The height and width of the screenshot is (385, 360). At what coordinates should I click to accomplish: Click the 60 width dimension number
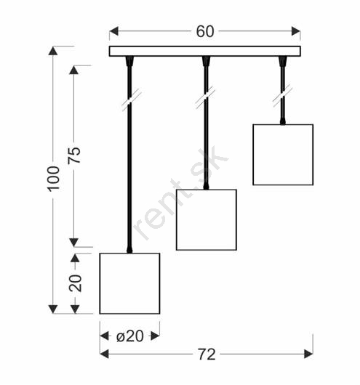click(205, 31)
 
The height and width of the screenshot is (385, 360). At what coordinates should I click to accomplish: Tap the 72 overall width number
click(207, 354)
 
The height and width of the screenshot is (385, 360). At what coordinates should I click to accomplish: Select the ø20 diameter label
click(130, 336)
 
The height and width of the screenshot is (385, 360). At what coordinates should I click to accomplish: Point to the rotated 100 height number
click(53, 179)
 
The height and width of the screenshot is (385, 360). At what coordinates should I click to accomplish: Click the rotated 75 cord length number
click(74, 155)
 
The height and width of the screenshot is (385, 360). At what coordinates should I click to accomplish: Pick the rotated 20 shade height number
click(75, 283)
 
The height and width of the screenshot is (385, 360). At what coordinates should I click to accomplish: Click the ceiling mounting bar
click(205, 51)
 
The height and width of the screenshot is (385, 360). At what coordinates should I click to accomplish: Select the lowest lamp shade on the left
click(129, 283)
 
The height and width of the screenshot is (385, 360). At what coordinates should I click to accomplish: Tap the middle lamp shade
click(207, 220)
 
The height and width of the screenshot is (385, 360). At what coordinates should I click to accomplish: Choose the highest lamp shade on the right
click(283, 155)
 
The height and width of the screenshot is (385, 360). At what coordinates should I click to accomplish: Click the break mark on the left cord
click(132, 100)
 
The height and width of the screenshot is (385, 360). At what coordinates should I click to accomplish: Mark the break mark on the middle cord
click(206, 97)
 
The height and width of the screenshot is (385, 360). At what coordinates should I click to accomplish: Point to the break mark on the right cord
click(283, 96)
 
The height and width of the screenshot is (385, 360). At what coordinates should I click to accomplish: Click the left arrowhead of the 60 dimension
click(114, 31)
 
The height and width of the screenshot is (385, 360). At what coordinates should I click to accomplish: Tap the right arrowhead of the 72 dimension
click(308, 354)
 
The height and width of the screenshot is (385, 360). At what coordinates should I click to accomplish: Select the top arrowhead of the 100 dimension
click(53, 51)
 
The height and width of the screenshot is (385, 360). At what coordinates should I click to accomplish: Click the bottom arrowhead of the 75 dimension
click(73, 243)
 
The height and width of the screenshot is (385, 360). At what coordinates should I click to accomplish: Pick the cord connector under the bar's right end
click(283, 62)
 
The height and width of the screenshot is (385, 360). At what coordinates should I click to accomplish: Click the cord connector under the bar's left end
click(129, 62)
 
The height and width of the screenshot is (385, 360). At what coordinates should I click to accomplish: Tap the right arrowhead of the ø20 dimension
click(155, 336)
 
